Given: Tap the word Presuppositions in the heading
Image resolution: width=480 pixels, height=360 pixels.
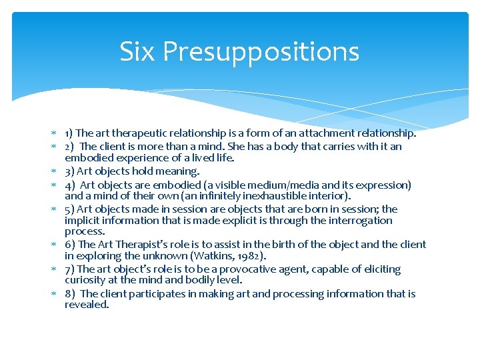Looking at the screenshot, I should [x=261, y=52].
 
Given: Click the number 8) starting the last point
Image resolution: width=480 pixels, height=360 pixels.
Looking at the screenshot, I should [x=69, y=293].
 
